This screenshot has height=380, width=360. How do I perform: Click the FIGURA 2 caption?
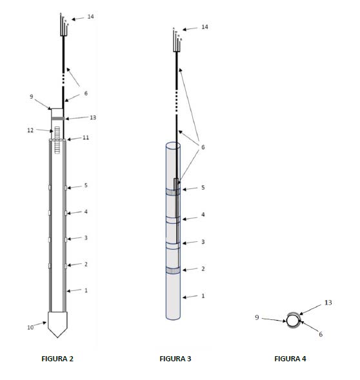(x=57, y=359)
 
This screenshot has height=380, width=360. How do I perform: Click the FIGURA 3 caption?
(x=175, y=359)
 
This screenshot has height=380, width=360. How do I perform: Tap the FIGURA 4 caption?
(x=290, y=359)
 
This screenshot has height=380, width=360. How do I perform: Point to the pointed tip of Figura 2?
(x=57, y=337)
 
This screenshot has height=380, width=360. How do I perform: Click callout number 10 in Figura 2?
(x=30, y=327)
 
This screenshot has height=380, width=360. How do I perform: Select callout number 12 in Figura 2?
(x=30, y=130)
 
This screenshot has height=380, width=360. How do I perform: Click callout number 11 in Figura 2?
(x=86, y=137)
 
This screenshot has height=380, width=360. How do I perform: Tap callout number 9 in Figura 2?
(x=31, y=97)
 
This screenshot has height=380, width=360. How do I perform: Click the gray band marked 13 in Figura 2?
(x=58, y=119)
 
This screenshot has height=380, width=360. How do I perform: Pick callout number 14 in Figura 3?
(x=205, y=27)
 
